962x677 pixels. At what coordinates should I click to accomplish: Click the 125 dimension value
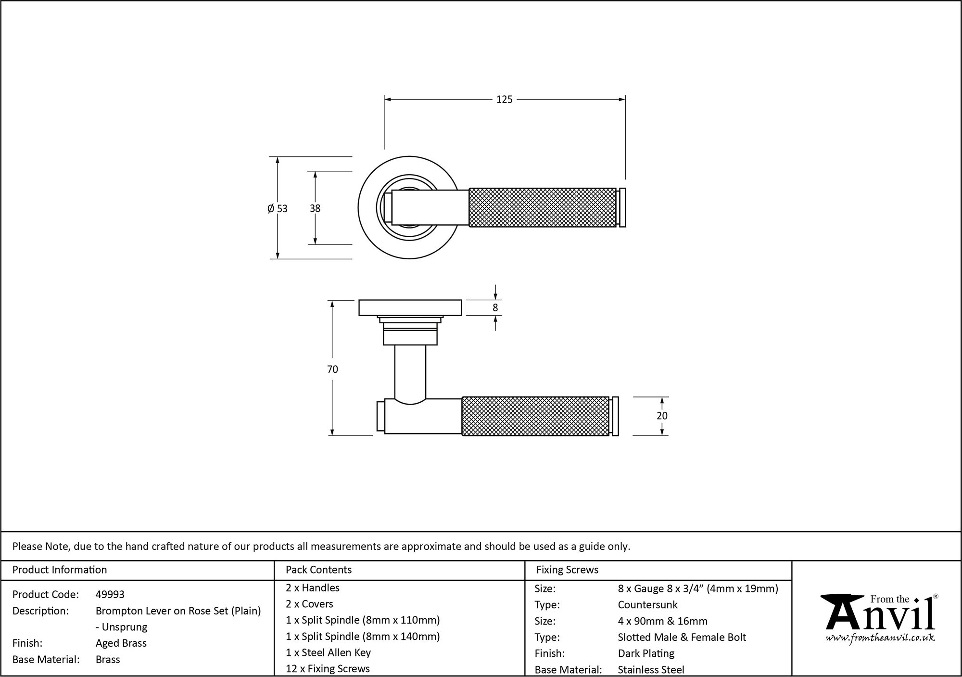click(504, 100)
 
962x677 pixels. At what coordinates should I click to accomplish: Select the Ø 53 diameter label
click(278, 208)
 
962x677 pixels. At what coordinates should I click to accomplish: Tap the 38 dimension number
click(315, 208)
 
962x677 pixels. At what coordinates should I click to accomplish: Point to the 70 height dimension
click(332, 369)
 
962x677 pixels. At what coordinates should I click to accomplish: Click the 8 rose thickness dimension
click(495, 308)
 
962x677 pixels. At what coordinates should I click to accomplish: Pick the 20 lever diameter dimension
click(662, 416)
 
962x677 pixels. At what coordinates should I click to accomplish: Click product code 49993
click(110, 594)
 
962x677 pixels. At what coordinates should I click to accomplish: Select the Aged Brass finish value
click(121, 643)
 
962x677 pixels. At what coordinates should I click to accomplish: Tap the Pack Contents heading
click(318, 570)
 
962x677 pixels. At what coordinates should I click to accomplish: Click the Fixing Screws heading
click(567, 570)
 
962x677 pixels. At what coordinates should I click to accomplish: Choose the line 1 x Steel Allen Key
click(328, 652)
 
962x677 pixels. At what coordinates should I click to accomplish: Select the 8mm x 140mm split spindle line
click(363, 636)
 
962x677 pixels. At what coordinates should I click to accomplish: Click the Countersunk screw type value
click(647, 605)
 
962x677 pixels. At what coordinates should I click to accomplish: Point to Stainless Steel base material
click(651, 669)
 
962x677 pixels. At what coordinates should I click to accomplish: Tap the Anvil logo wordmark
click(880, 616)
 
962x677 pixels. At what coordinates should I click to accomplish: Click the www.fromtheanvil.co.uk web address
click(880, 638)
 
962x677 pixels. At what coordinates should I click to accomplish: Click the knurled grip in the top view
click(543, 207)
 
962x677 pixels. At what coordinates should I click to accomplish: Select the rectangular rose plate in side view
click(410, 308)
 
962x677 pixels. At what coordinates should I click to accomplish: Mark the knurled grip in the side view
click(535, 416)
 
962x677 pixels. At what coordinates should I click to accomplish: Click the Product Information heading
click(60, 570)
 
